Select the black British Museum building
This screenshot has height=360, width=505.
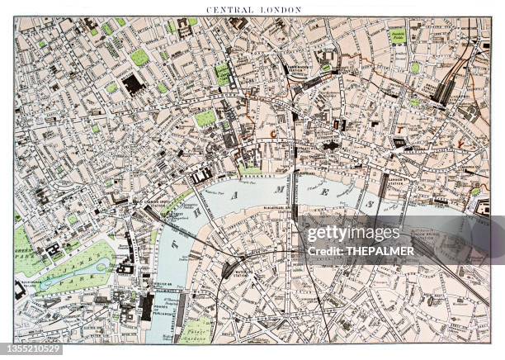pos(132,83)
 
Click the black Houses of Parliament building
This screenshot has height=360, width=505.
pos(148,307)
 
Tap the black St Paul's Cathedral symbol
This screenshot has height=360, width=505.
pos(331,145)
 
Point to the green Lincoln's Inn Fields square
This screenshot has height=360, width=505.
pos(205,118)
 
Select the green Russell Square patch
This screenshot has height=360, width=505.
pos(139,57)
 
